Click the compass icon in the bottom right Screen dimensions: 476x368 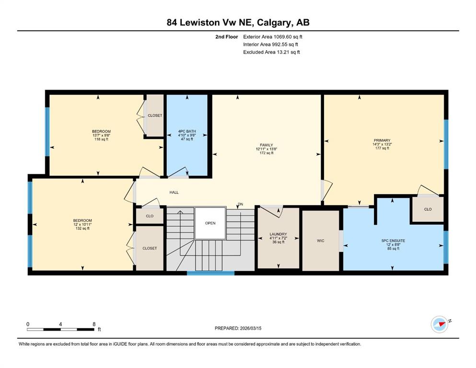click(440, 324)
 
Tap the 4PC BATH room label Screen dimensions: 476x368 click(187, 131)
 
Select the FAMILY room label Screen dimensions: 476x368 click(266, 145)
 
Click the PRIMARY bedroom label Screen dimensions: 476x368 click(382, 140)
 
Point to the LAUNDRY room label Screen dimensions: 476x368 click(278, 234)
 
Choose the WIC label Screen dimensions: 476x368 click(321, 241)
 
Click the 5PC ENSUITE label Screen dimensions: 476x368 click(393, 241)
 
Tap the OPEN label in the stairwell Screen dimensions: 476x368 click(210, 223)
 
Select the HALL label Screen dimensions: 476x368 click(174, 192)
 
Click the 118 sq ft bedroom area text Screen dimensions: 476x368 click(101, 139)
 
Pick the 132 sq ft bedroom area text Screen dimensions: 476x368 click(82, 229)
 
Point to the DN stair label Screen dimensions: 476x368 click(241, 204)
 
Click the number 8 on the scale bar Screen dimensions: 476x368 click(94, 324)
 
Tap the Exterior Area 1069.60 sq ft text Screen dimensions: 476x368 click(273, 37)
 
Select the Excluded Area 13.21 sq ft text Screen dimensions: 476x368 click(271, 52)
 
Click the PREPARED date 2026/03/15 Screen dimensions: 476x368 click(250, 328)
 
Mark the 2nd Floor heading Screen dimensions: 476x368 click(226, 37)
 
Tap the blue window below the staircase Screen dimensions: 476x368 click(210, 273)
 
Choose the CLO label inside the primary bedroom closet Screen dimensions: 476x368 click(428, 209)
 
